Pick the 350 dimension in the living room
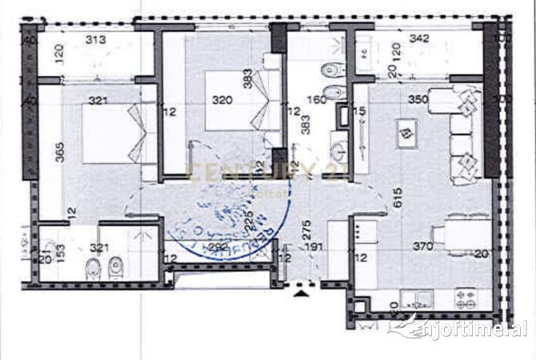coord(418,100)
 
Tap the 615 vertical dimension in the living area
coord(397,192)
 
